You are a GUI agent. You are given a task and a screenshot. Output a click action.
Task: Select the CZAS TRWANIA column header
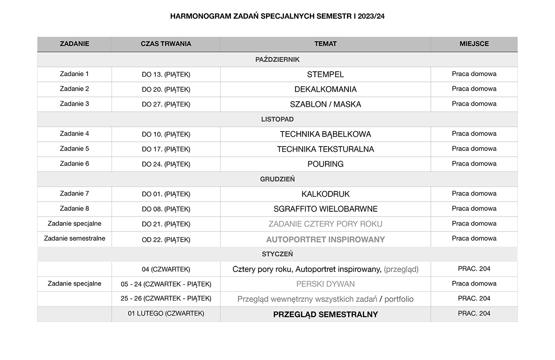click(166, 44)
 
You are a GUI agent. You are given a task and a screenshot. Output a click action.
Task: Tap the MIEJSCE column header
click(474, 44)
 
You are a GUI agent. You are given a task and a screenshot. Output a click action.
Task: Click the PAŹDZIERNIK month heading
click(277, 59)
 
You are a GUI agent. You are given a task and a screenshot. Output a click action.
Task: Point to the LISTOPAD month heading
click(277, 119)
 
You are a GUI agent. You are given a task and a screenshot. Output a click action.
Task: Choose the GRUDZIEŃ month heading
click(277, 179)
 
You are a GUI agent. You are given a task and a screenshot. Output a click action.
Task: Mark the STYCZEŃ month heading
click(277, 254)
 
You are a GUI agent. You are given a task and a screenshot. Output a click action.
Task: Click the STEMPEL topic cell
click(326, 74)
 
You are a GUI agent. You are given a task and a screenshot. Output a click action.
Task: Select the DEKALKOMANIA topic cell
click(326, 89)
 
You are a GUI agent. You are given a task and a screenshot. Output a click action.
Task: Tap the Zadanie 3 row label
click(74, 104)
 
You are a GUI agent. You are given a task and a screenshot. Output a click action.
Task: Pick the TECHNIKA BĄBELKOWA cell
click(326, 134)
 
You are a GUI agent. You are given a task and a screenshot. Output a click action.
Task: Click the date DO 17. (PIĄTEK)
click(166, 149)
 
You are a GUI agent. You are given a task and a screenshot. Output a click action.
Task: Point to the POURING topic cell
click(326, 164)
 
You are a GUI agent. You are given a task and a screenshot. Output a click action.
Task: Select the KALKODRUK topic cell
click(326, 194)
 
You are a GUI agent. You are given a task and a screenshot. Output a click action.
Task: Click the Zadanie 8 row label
click(74, 209)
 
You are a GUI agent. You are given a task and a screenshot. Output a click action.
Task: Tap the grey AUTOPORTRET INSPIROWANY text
click(326, 239)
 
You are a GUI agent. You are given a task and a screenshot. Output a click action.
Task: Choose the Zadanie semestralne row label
click(74, 239)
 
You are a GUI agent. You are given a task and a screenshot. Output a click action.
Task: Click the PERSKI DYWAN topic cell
click(326, 284)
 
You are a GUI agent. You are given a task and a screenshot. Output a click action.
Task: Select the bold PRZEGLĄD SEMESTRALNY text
click(326, 314)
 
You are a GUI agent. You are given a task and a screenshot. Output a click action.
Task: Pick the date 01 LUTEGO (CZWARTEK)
click(166, 313)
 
